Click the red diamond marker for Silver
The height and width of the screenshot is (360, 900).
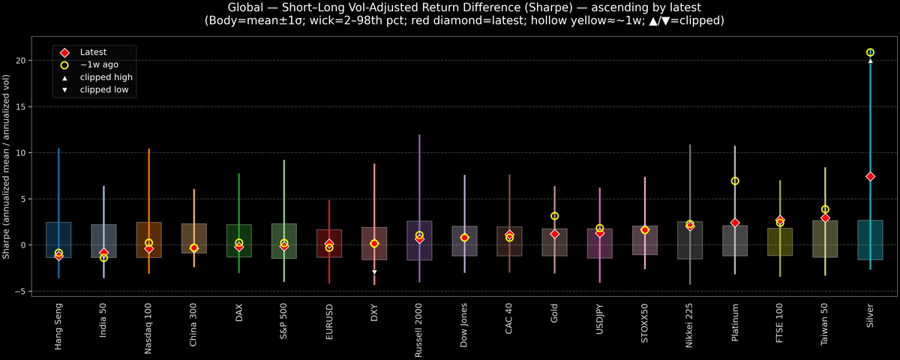click(870, 176)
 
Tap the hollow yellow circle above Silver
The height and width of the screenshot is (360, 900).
click(870, 52)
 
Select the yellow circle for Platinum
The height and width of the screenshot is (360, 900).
click(735, 181)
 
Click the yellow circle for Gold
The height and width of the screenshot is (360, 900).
click(554, 216)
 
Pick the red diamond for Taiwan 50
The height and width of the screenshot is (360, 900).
click(825, 217)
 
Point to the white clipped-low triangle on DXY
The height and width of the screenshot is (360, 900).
click(374, 272)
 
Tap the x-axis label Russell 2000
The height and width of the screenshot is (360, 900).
click(419, 331)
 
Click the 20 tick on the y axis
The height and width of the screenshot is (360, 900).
click(27, 60)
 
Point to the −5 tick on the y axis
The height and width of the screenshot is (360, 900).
click(27, 291)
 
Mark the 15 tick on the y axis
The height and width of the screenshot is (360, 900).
click(27, 106)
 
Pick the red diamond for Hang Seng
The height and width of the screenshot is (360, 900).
click(58, 255)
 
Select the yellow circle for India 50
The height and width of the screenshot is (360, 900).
click(103, 258)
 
